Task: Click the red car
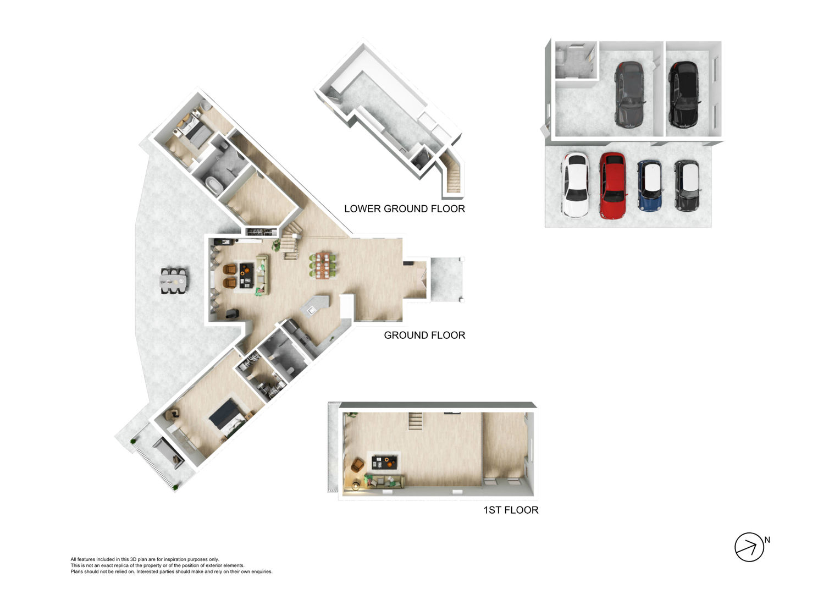613,185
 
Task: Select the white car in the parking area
575,185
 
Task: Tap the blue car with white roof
650,185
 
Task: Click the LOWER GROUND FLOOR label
405,208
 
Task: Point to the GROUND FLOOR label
424,335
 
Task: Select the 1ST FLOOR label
511,510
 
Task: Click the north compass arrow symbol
749,547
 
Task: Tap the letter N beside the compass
767,540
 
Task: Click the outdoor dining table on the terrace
174,280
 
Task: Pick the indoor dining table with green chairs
323,265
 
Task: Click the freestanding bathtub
214,185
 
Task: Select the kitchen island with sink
315,305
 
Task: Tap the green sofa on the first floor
384,481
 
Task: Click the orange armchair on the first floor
357,465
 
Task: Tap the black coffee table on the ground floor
246,275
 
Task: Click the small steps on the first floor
415,421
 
